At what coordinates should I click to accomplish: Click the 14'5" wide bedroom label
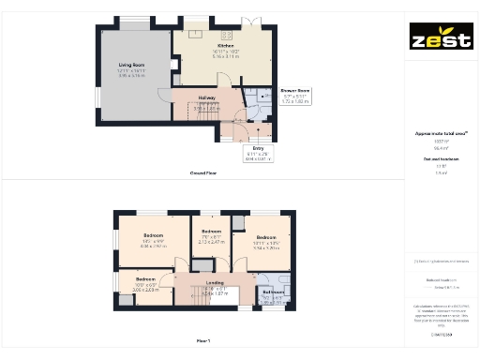pyautogui.click(x=152, y=238)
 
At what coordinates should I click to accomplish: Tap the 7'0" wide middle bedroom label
pyautogui.click(x=211, y=234)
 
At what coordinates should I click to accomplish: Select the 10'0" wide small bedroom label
pyautogui.click(x=145, y=282)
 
